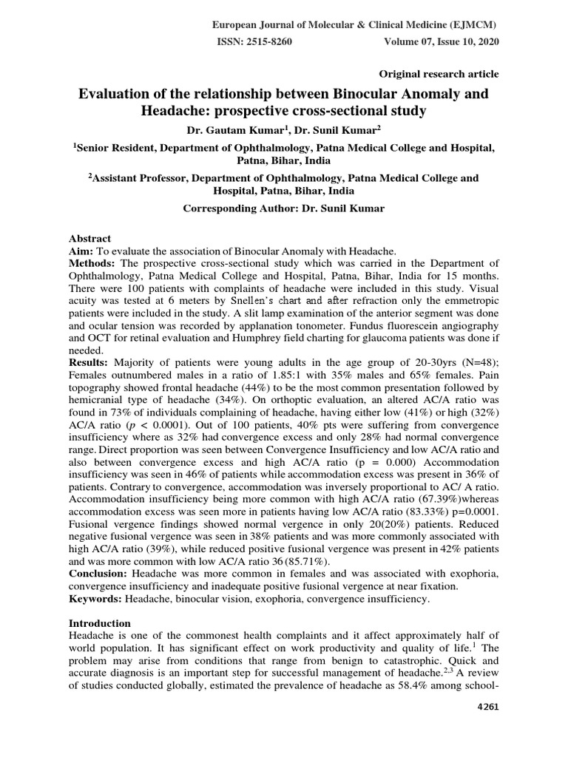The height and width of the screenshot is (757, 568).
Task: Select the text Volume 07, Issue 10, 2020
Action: point(442,42)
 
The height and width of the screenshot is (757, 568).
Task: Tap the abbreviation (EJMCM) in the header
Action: point(472,24)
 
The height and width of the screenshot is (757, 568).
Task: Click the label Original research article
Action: point(439,74)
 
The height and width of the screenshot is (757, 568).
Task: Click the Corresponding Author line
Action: point(284,208)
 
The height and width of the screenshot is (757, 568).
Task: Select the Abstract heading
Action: point(89,239)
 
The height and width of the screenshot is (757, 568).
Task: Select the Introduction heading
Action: point(100,623)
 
